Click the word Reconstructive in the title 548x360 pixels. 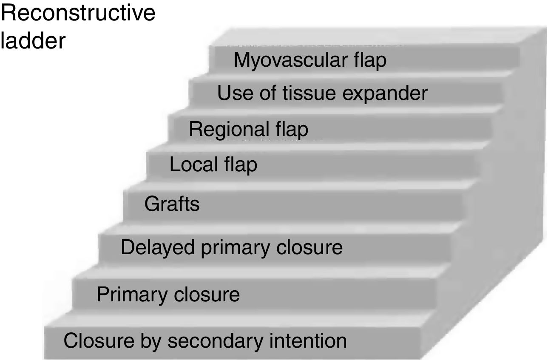click(x=79, y=14)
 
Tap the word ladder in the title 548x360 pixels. click(x=33, y=41)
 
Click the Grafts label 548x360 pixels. click(x=172, y=204)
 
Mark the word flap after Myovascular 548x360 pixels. click(x=369, y=60)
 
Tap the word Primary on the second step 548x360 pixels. click(x=127, y=295)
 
